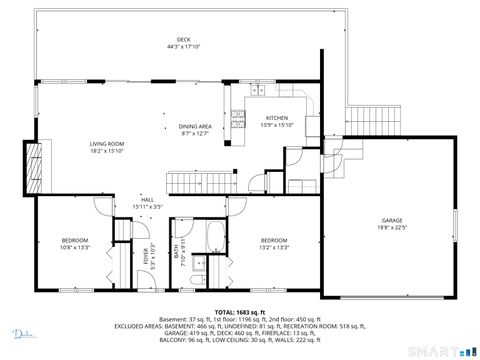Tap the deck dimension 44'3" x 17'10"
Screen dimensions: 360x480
pyautogui.click(x=183, y=47)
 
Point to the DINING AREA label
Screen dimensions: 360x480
pyautogui.click(x=195, y=126)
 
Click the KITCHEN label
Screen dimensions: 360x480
pyautogui.click(x=276, y=118)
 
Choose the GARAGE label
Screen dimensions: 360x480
pyautogui.click(x=391, y=219)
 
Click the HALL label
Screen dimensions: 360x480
pyautogui.click(x=147, y=200)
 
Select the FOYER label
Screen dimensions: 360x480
pyautogui.click(x=145, y=252)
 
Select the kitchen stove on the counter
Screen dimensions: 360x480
pyautogui.click(x=239, y=117)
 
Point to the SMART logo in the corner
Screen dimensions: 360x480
pyautogui.click(x=446, y=350)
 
